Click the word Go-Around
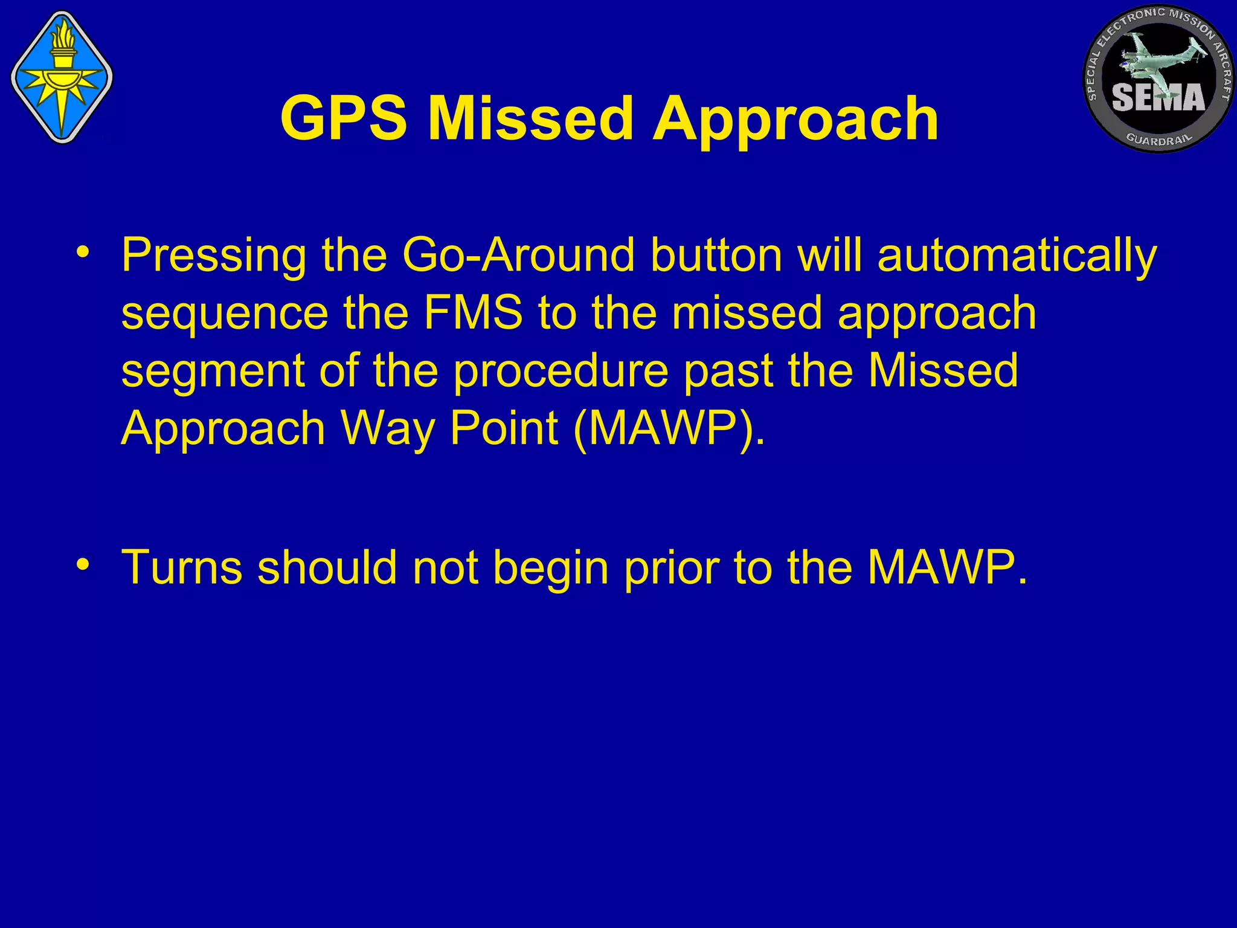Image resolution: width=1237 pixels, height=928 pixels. (518, 256)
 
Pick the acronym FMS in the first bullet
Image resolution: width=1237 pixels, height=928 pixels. (472, 313)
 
